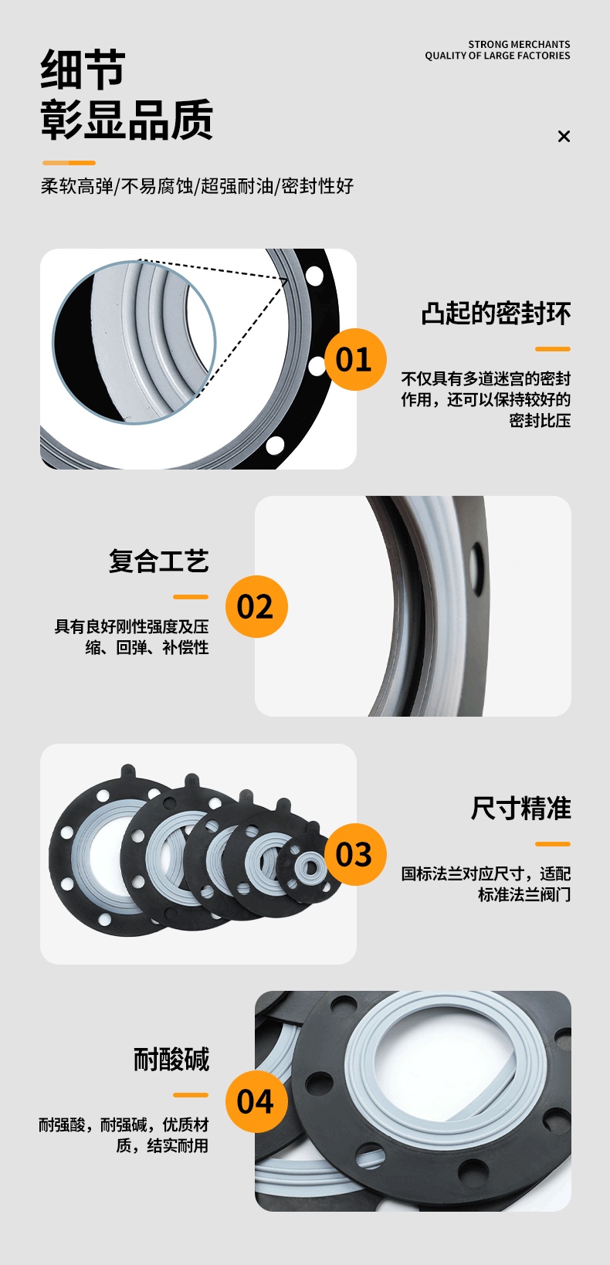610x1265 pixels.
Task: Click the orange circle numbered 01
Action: (355, 359)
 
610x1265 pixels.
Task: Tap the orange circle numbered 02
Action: (256, 606)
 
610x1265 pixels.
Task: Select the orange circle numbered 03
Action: (355, 854)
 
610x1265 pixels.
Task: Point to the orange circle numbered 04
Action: (256, 1101)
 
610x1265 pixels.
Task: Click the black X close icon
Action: (564, 136)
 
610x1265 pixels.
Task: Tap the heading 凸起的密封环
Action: (496, 314)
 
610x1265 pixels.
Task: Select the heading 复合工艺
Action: (159, 561)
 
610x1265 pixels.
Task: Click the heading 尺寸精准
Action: (520, 808)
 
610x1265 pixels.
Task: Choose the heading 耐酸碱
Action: (171, 1059)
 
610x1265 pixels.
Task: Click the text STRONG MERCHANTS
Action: (519, 44)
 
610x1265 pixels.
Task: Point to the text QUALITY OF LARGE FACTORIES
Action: (497, 56)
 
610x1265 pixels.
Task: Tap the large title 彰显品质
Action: (127, 119)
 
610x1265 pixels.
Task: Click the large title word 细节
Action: (83, 69)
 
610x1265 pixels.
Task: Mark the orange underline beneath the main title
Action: (69, 163)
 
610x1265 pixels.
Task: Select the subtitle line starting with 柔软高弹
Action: (197, 186)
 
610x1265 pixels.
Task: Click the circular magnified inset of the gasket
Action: (134, 342)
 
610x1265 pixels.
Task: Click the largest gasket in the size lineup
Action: (102, 853)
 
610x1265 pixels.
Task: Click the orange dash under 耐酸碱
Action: (191, 1094)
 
